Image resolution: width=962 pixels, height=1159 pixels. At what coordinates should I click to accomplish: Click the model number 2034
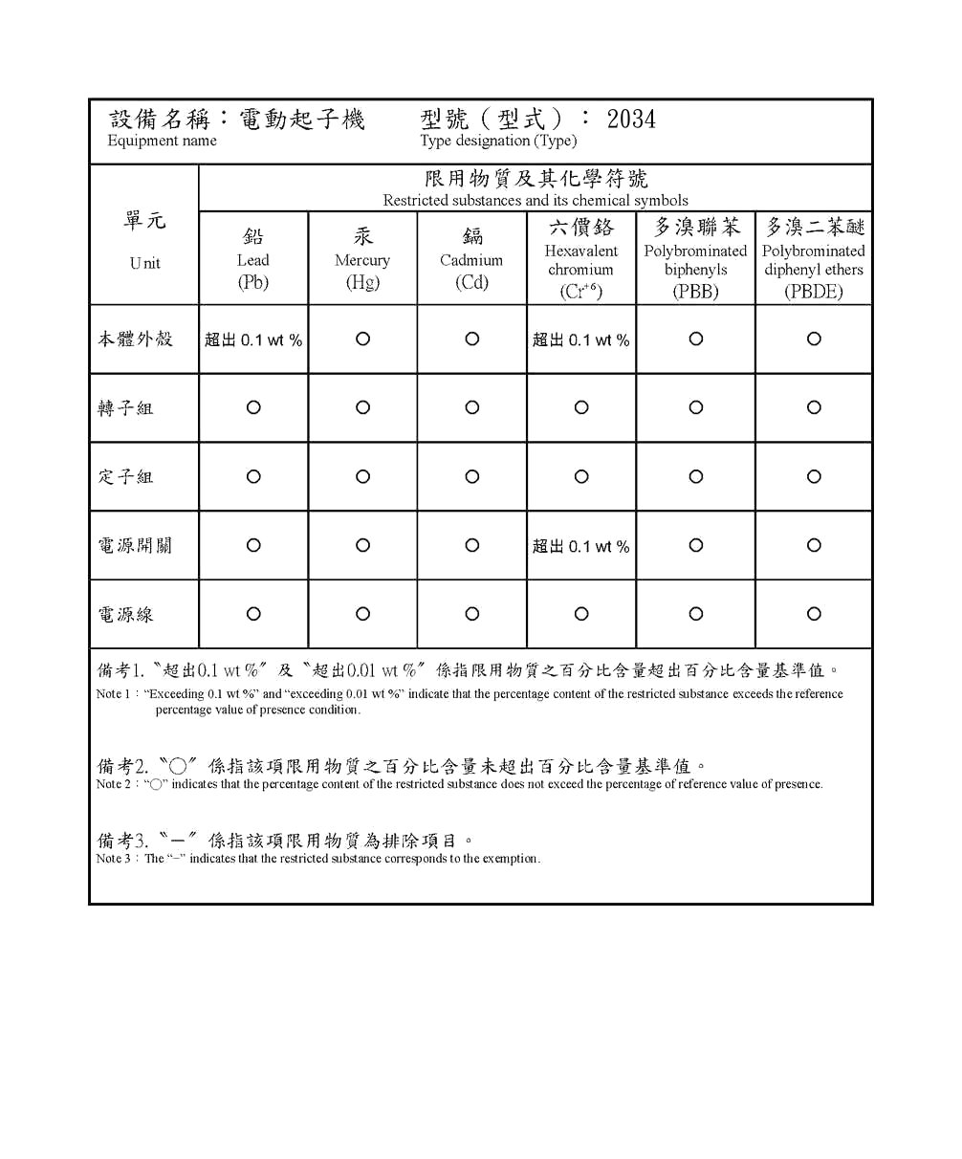631,120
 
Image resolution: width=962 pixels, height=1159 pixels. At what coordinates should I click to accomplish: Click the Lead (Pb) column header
253,259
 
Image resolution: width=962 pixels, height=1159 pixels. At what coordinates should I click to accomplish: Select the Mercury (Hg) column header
362,259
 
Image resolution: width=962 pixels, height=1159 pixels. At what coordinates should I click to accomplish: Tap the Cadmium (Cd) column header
471,259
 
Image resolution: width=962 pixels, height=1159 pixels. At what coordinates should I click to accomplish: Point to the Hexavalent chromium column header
581,259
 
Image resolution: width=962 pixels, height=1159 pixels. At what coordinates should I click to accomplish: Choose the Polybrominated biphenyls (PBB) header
695,259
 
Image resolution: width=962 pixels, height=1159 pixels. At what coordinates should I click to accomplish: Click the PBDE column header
814,259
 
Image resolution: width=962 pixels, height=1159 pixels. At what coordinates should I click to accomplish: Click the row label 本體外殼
135,339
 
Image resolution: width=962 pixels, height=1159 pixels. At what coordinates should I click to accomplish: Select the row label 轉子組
125,408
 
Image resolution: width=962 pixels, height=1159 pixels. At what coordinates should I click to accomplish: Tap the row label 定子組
125,477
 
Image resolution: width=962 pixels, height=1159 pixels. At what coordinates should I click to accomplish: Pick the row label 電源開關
135,546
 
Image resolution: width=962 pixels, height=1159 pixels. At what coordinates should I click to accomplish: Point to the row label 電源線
125,615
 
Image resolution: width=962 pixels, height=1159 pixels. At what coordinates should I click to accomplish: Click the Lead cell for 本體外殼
253,339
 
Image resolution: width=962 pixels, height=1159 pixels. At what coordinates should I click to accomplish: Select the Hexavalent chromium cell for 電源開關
581,546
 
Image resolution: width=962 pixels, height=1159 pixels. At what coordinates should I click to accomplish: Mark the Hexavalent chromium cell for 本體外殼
581,339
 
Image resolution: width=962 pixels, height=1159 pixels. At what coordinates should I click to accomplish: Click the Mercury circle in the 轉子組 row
362,407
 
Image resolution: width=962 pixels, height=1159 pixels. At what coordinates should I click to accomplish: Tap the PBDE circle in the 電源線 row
814,614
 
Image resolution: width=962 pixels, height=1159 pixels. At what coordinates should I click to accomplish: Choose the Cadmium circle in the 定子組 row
471,476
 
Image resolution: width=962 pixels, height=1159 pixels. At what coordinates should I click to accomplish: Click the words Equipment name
162,142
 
